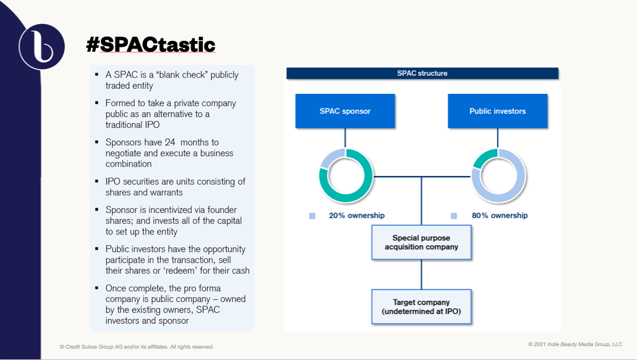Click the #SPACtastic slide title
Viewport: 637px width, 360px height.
point(151,45)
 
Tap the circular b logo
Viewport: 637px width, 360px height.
point(42,46)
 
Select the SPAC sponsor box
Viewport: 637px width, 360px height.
point(345,111)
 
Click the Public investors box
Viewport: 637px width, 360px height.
point(498,111)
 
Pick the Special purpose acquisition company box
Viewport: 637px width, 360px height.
point(421,242)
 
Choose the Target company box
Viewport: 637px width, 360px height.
point(421,307)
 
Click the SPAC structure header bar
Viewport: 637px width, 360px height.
point(423,73)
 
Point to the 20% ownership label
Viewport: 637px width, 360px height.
point(357,216)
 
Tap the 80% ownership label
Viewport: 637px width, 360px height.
point(500,216)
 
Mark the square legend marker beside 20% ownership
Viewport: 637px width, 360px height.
point(312,216)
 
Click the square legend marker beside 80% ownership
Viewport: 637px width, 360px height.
point(453,216)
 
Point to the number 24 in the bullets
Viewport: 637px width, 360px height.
point(170,142)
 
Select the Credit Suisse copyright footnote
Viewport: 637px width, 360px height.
point(136,347)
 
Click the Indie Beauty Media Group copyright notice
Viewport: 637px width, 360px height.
point(575,344)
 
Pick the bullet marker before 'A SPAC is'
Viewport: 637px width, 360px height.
point(96,75)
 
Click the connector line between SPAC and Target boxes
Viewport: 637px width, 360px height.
point(421,274)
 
